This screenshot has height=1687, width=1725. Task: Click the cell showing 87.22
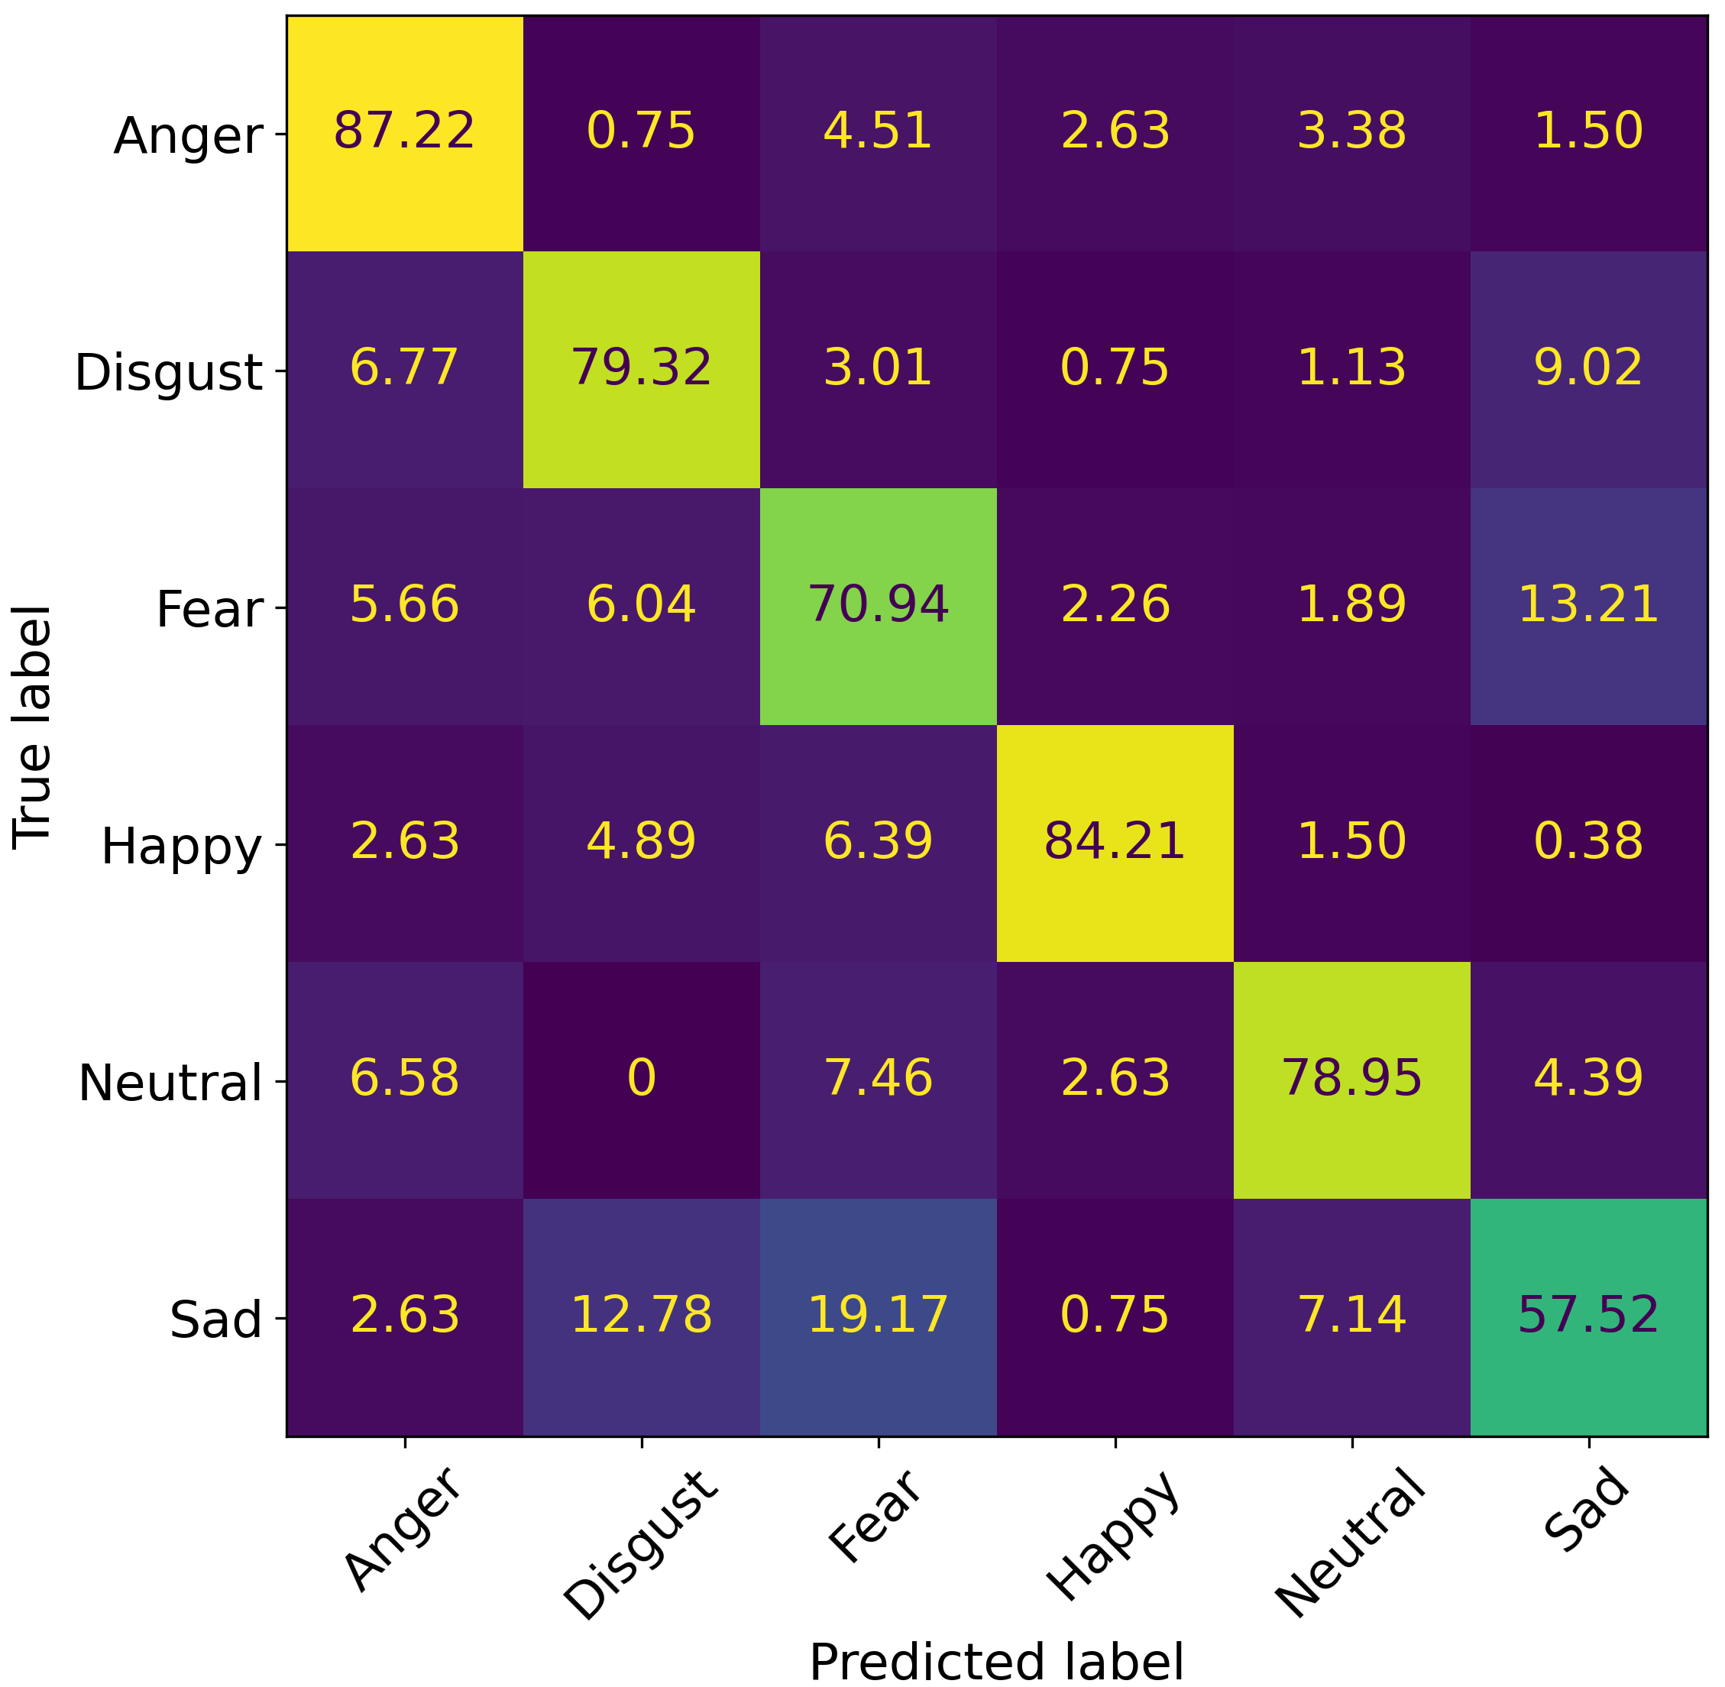[x=405, y=132]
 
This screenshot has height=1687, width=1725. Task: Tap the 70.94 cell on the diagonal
[x=878, y=605]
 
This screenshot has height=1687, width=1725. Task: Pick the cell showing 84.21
[x=1115, y=842]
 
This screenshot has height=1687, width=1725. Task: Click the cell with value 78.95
[x=1352, y=1079]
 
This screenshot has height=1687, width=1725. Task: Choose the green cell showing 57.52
[x=1588, y=1316]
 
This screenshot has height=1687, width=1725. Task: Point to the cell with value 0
[x=642, y=1079]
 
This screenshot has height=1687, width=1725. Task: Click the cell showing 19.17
[x=878, y=1316]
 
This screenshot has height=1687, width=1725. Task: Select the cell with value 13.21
[x=1588, y=605]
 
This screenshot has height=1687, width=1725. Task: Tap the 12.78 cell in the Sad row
[x=642, y=1316]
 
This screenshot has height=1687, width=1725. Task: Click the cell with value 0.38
[x=1588, y=842]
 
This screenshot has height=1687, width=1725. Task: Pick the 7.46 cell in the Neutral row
[x=878, y=1079]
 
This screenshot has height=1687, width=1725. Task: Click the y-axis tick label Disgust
[x=168, y=373]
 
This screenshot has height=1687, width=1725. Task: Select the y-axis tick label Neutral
[x=170, y=1083]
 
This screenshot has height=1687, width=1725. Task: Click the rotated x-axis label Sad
[x=1586, y=1511]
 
